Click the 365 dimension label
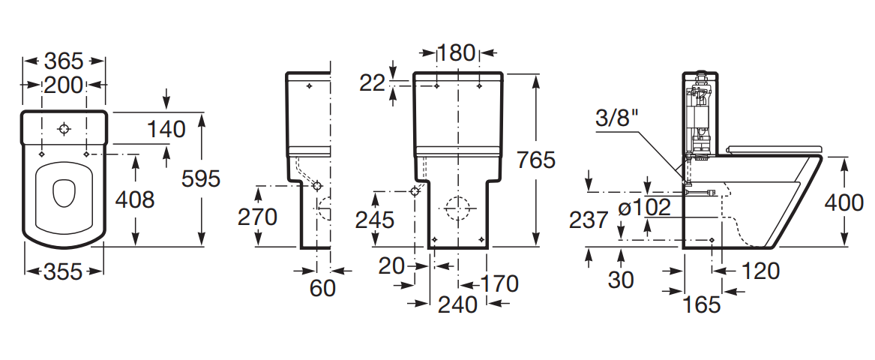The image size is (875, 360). tap(64, 61)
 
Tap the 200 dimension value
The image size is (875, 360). tap(64, 85)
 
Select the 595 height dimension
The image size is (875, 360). tap(202, 178)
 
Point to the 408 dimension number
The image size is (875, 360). tap(134, 199)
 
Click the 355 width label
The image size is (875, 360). tap(63, 271)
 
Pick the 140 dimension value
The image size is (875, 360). tap(166, 130)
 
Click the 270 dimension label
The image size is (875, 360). tap(257, 217)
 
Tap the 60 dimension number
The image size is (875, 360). tap(322, 288)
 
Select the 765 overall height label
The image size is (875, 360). tap(536, 160)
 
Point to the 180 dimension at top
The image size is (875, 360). tap(456, 53)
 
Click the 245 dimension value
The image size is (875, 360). tap(375, 220)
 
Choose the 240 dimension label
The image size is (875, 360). tap(457, 304)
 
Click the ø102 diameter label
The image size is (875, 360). tap(645, 208)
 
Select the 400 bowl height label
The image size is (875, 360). tap(844, 202)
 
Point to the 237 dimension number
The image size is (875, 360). tap(589, 220)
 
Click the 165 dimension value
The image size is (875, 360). tap(702, 304)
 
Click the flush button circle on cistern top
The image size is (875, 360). tap(64, 130)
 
